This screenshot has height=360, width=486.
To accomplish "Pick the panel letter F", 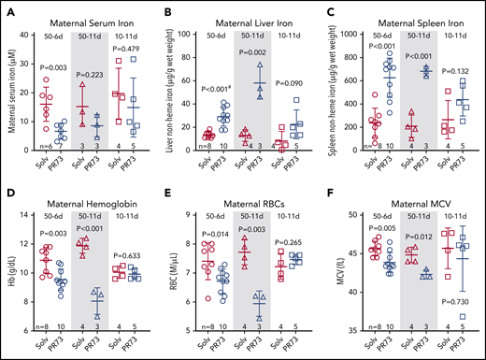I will pyautogui.click(x=331, y=187).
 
